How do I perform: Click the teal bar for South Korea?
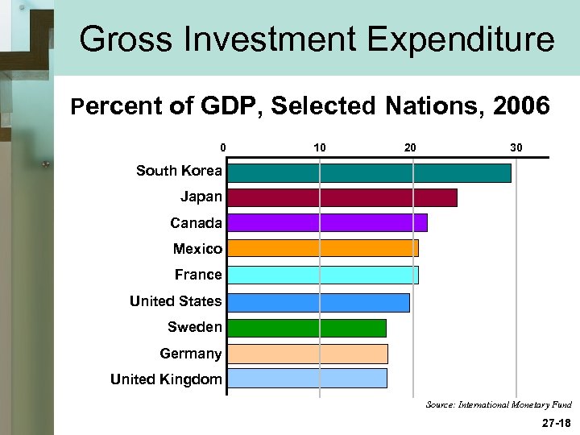click(x=369, y=173)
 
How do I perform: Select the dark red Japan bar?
click(x=342, y=198)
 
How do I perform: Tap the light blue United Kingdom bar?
click(x=307, y=379)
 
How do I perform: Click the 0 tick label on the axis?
click(x=223, y=147)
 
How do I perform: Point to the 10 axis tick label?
click(x=319, y=147)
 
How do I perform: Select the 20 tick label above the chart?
click(x=411, y=147)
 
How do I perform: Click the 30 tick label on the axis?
click(x=516, y=147)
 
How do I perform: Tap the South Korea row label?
click(x=179, y=171)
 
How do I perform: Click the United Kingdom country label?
click(x=166, y=379)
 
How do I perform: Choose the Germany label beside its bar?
click(x=191, y=354)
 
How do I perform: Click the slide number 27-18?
click(x=556, y=422)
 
